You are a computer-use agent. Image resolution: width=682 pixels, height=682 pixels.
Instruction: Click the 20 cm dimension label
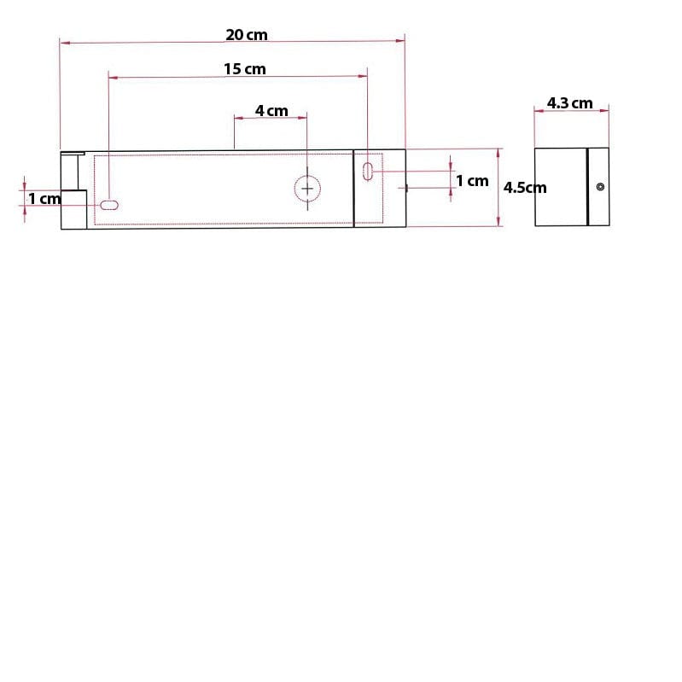247,35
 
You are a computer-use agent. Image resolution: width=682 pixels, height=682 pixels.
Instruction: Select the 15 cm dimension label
244,69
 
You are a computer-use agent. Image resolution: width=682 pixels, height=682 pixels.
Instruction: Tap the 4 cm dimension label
271,110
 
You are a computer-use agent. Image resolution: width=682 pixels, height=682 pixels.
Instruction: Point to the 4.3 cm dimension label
570,103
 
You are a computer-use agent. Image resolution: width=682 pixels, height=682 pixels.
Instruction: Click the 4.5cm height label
525,188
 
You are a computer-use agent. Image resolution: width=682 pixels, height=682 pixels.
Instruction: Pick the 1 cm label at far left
44,199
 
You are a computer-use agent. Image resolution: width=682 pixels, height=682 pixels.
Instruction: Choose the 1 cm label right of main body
472,180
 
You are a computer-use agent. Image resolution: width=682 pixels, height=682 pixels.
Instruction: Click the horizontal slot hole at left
109,205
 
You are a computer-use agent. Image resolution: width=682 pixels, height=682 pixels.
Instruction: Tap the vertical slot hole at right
368,171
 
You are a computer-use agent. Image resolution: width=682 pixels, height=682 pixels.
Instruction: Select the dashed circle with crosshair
307,189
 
